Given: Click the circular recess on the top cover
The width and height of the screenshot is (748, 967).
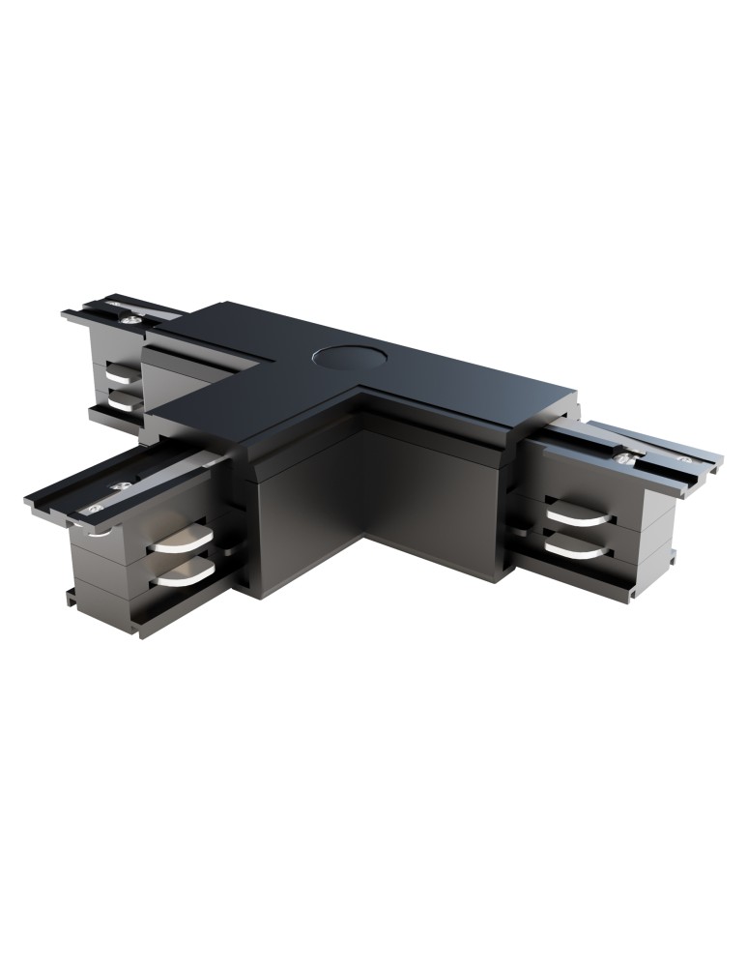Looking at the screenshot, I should click(x=345, y=359).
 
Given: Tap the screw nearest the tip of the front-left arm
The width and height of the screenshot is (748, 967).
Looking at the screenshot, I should click(x=94, y=507).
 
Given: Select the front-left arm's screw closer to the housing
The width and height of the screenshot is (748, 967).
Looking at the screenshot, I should click(x=121, y=485).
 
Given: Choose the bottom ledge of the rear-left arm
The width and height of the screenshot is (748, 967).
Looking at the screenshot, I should click(x=113, y=417).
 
